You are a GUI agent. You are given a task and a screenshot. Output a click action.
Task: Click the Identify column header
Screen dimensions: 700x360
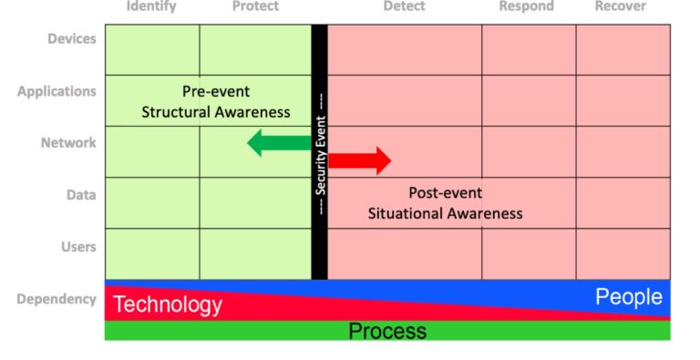tap(151, 6)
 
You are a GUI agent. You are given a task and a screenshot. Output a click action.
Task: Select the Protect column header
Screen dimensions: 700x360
tap(255, 6)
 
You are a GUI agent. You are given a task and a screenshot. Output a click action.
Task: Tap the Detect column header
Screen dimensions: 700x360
tap(404, 6)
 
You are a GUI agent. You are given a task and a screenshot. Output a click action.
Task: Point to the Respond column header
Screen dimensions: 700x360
tap(526, 6)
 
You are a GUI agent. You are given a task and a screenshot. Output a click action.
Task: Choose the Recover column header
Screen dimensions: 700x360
tap(621, 6)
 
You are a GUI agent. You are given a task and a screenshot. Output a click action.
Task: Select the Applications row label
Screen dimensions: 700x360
tap(57, 91)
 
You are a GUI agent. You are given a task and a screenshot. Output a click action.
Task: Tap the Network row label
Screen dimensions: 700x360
tap(68, 143)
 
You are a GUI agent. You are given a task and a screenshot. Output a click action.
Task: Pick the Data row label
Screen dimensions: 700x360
tap(81, 194)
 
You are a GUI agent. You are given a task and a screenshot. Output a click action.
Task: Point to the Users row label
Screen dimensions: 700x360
tap(77, 246)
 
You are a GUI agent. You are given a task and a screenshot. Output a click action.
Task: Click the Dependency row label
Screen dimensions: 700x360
tap(57, 299)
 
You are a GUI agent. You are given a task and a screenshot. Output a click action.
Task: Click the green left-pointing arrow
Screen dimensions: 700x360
tap(278, 142)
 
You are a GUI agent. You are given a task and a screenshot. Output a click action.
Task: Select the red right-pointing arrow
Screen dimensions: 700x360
tap(359, 161)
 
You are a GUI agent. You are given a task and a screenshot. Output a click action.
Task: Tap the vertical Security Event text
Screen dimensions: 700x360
tap(321, 151)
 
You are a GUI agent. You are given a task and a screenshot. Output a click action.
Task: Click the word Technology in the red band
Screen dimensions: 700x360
tap(168, 304)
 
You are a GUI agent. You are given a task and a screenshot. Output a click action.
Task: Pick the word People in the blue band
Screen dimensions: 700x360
tap(629, 297)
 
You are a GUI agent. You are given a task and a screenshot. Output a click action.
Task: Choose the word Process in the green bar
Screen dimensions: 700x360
tap(387, 331)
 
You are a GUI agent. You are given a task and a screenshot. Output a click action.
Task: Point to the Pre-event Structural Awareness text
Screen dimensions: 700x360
tap(216, 102)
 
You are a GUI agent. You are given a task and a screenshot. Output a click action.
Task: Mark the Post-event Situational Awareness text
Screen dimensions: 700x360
tap(446, 203)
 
